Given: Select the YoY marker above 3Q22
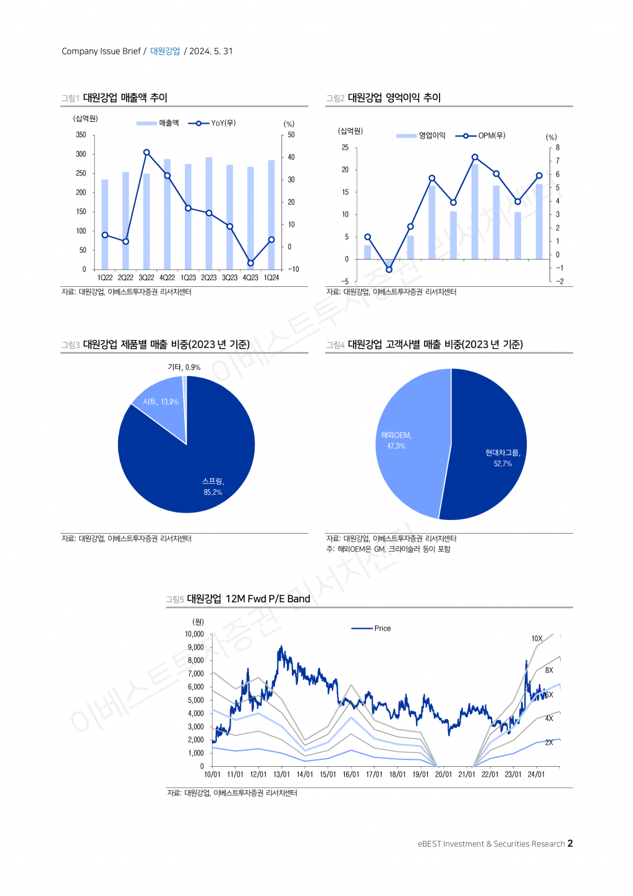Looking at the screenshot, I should pyautogui.click(x=147, y=152).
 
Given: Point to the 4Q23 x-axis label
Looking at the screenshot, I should pyautogui.click(x=250, y=278).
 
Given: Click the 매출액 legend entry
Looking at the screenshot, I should pyautogui.click(x=158, y=123).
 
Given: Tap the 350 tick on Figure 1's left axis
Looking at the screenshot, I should pyautogui.click(x=81, y=135).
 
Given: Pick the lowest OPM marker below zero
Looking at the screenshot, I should pyautogui.click(x=389, y=270).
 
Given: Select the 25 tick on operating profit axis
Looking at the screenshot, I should pyautogui.click(x=345, y=148).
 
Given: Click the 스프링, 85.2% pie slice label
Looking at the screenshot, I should pyautogui.click(x=213, y=487).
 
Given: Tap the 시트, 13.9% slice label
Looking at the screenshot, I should pyautogui.click(x=161, y=402).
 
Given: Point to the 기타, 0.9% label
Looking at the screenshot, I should pyautogui.click(x=184, y=367).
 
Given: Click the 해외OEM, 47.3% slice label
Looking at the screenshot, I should pyautogui.click(x=396, y=440).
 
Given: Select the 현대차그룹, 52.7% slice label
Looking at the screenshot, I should pyautogui.click(x=503, y=458).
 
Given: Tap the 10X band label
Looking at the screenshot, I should pyautogui.click(x=537, y=639).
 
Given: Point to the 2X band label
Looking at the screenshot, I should pyautogui.click(x=549, y=743).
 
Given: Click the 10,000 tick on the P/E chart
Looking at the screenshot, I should pyautogui.click(x=194, y=634).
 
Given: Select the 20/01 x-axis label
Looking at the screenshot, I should pyautogui.click(x=443, y=775).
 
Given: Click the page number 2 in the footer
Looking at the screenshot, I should pyautogui.click(x=570, y=843).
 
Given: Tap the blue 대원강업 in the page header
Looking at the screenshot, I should pyautogui.click(x=165, y=51).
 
